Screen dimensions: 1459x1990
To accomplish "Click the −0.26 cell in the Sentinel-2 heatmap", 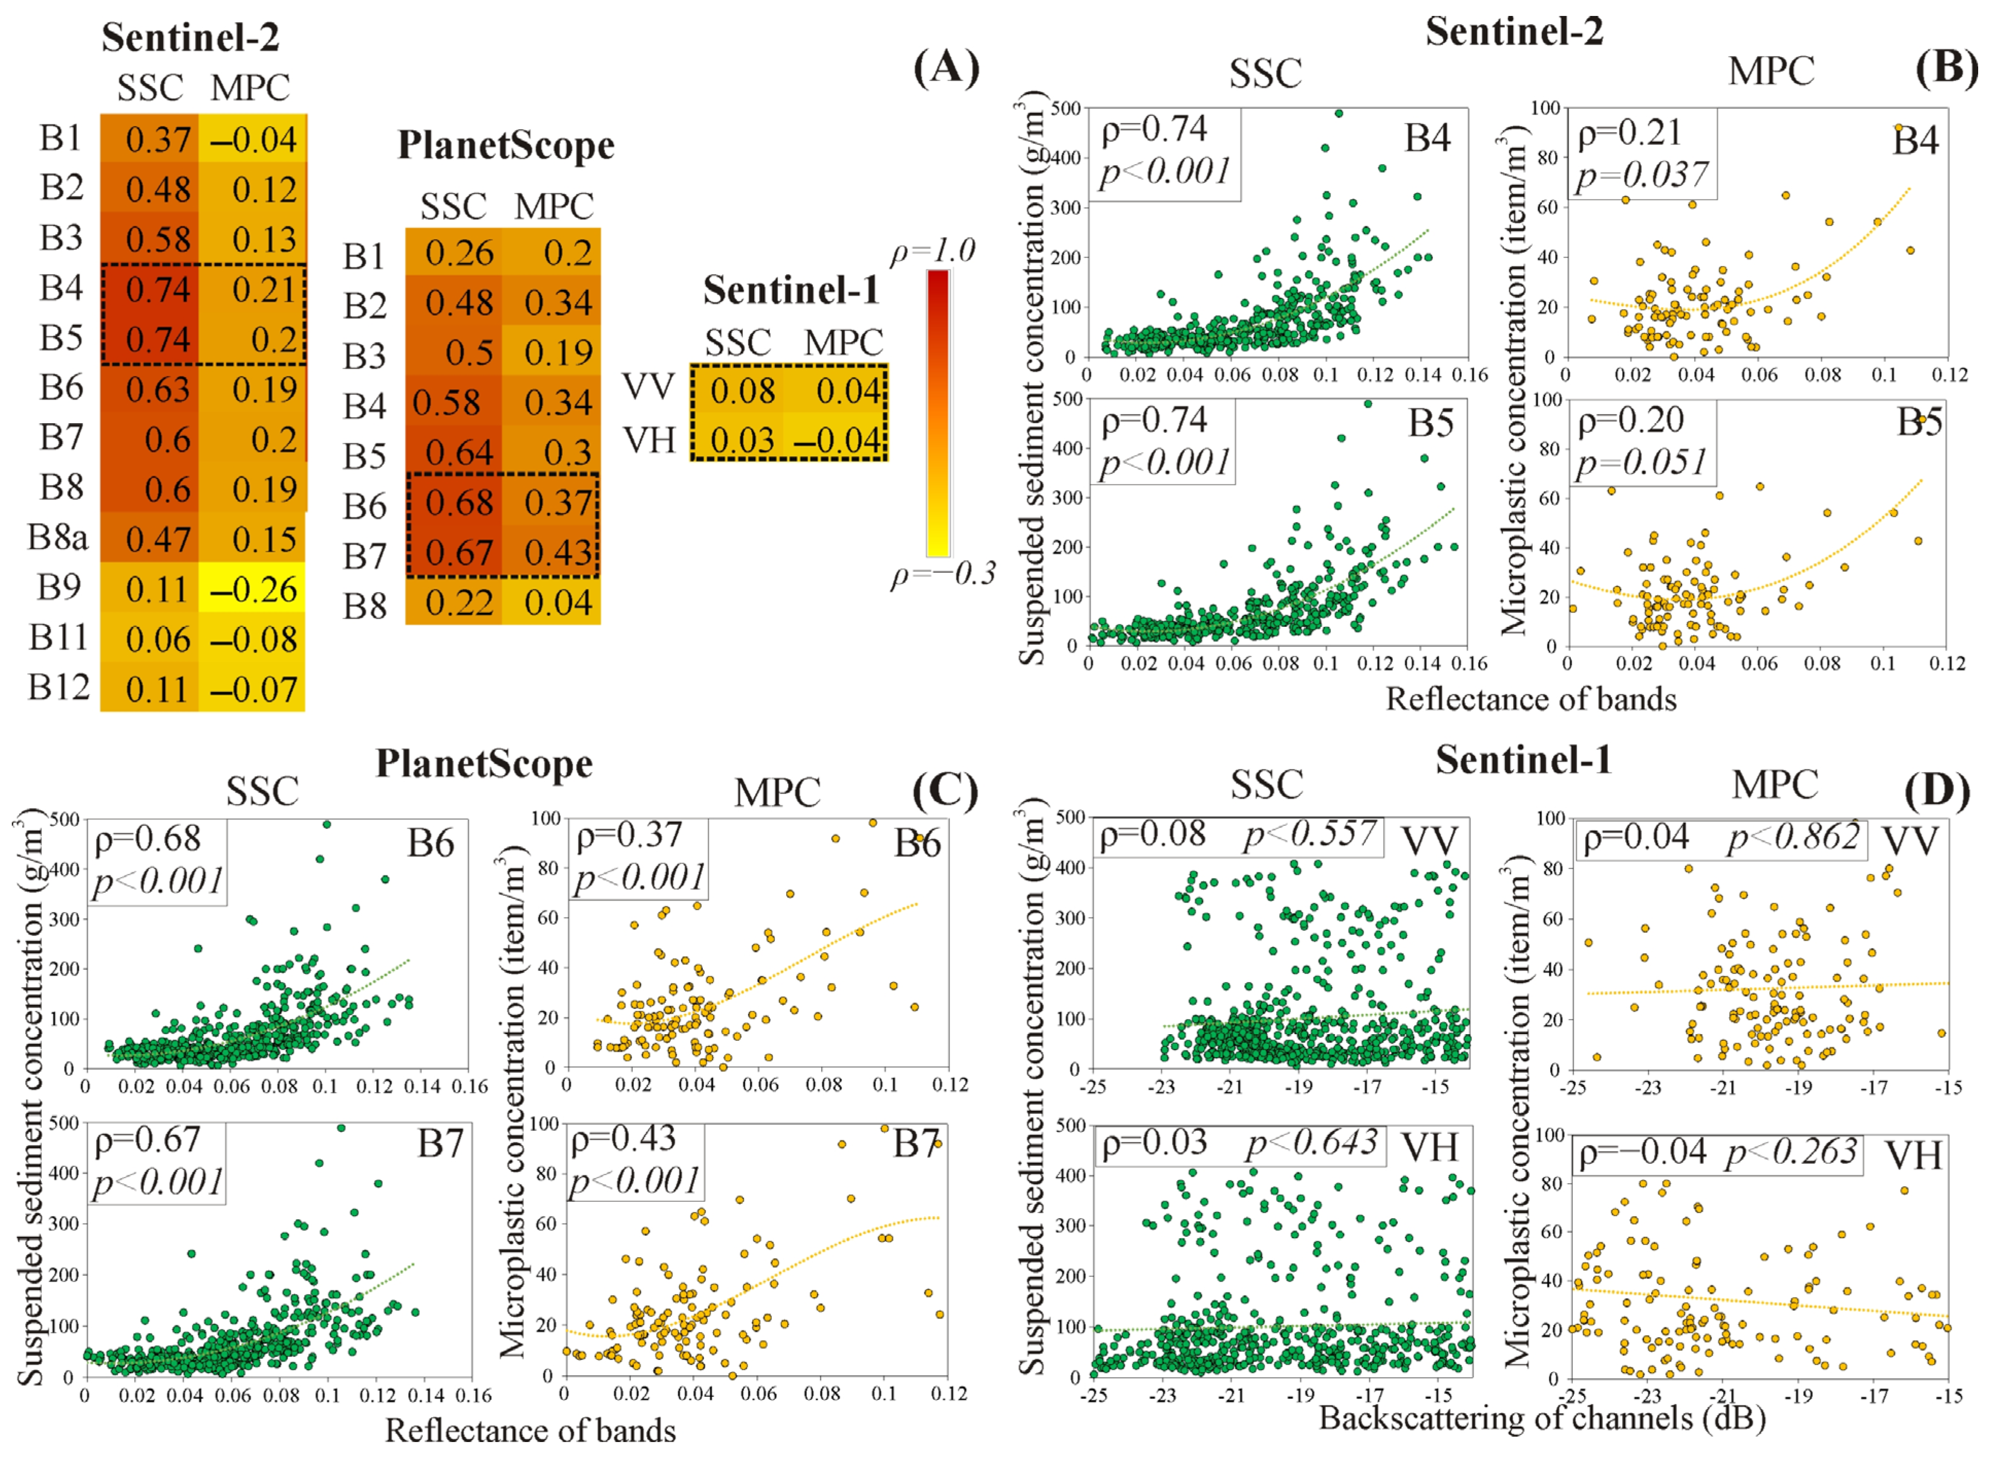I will click(x=253, y=589).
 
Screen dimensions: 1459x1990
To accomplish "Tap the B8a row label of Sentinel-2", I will click(x=58, y=537).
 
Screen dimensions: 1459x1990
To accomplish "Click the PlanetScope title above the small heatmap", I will click(x=505, y=146).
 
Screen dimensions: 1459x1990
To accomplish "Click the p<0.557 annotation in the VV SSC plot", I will click(x=1310, y=834).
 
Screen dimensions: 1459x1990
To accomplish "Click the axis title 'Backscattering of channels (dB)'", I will click(x=1541, y=1417).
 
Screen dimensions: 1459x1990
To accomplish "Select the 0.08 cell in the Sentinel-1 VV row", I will click(x=742, y=390).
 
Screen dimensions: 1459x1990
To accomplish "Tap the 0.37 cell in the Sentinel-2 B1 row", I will click(x=157, y=139).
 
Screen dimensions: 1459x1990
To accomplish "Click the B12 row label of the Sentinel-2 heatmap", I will click(x=58, y=687).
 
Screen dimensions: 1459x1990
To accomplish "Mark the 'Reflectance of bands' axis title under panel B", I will click(x=1530, y=698).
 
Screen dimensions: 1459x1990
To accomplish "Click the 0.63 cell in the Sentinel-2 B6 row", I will click(x=157, y=389).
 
